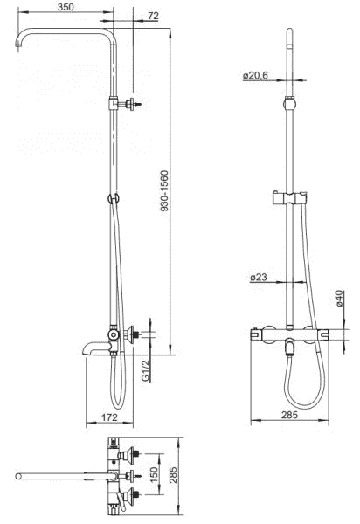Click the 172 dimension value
pyautogui.click(x=109, y=418)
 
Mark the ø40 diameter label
pyautogui.click(x=339, y=302)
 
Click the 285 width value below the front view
pyautogui.click(x=290, y=415)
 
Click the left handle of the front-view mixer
pyautogui.click(x=256, y=334)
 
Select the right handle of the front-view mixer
pyautogui.click(x=324, y=334)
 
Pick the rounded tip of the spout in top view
pyautogui.click(x=19, y=476)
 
